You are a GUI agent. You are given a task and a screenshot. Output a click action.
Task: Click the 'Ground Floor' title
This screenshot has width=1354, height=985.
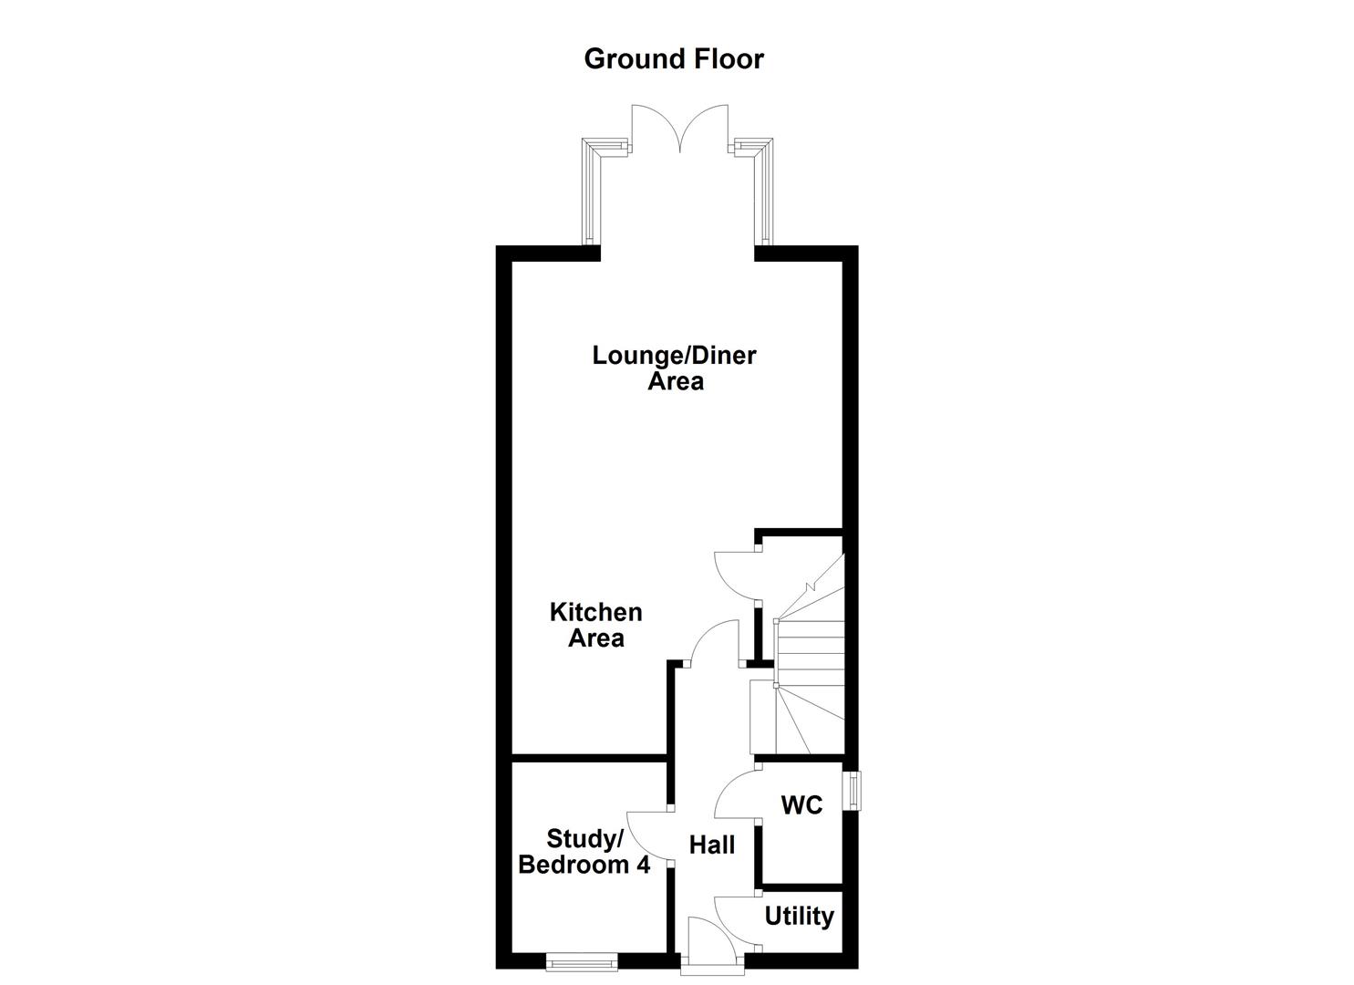coord(674,58)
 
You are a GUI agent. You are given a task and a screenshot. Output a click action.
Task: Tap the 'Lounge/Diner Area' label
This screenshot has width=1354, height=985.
coord(674,368)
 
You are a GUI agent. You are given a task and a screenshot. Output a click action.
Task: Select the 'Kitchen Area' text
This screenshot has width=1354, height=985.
coord(595,625)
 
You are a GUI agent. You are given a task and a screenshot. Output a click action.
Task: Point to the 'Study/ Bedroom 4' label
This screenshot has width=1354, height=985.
coord(584,851)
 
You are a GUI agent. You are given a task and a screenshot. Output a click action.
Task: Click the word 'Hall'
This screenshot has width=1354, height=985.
coord(711,845)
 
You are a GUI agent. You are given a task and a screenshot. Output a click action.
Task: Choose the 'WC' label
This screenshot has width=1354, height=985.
coord(801,805)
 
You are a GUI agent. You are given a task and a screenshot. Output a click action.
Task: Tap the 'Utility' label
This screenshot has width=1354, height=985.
coord(799,916)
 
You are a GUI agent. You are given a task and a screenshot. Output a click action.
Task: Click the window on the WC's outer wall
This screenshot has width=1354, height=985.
coord(853,790)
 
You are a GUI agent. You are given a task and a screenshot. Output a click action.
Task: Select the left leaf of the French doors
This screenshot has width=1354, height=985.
coord(653,128)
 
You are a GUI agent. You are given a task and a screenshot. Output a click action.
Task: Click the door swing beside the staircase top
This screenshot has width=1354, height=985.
coord(735,575)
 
